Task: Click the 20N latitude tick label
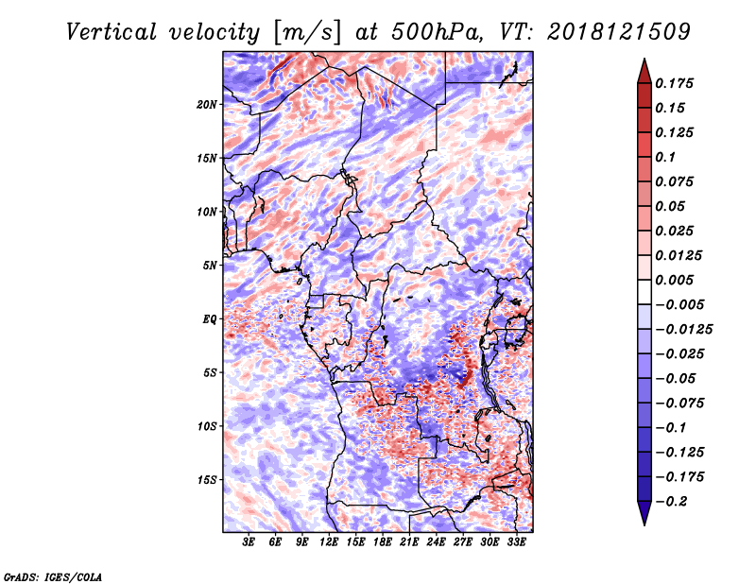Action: click(207, 105)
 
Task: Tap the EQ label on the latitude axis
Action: click(210, 319)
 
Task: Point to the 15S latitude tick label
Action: click(207, 480)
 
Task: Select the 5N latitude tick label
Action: click(210, 266)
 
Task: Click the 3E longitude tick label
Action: click(249, 542)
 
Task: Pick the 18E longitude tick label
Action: click(383, 542)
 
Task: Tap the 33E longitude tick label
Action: click(516, 542)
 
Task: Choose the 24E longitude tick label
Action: click(436, 542)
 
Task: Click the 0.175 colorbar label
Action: click(674, 83)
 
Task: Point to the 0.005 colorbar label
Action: click(674, 280)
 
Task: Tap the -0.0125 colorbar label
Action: click(683, 330)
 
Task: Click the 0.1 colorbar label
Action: click(665, 157)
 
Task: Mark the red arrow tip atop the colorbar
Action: click(644, 59)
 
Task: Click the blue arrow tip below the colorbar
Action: click(644, 524)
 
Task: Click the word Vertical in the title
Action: click(112, 32)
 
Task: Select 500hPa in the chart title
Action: click(437, 32)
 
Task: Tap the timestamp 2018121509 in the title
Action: click(619, 32)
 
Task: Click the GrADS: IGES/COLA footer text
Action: click(53, 576)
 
